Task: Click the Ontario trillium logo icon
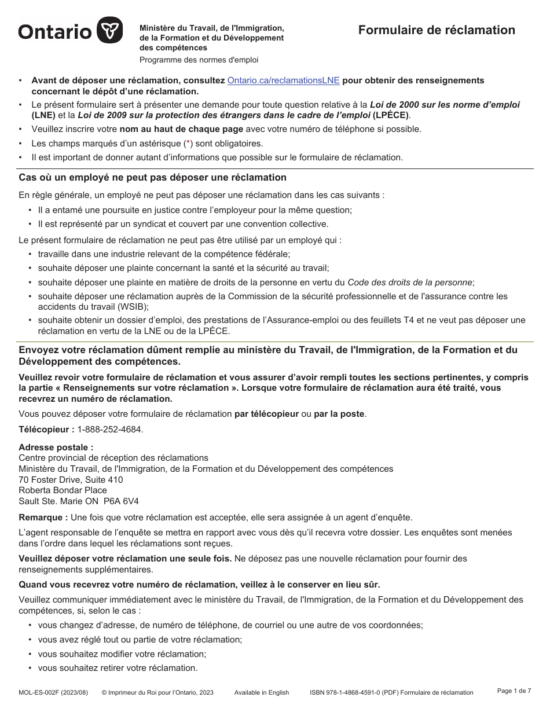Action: pos(109,30)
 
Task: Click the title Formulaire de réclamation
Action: pos(436,30)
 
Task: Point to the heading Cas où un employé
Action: pos(152,177)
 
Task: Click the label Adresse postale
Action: pos(56,447)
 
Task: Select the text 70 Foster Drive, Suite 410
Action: pos(71,479)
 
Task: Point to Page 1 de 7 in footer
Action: pos(514,691)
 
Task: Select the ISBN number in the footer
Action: pos(353,692)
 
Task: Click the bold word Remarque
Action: pos(43,517)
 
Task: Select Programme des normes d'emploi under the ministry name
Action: pos(199,60)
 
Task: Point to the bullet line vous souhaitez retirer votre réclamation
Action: pos(118,667)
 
